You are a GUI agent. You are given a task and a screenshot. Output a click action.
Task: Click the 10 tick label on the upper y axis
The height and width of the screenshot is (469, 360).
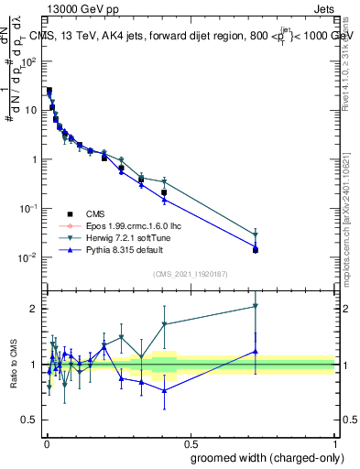click(30, 110)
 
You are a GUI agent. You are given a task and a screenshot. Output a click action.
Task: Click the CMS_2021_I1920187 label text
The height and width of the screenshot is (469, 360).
click(190, 274)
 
